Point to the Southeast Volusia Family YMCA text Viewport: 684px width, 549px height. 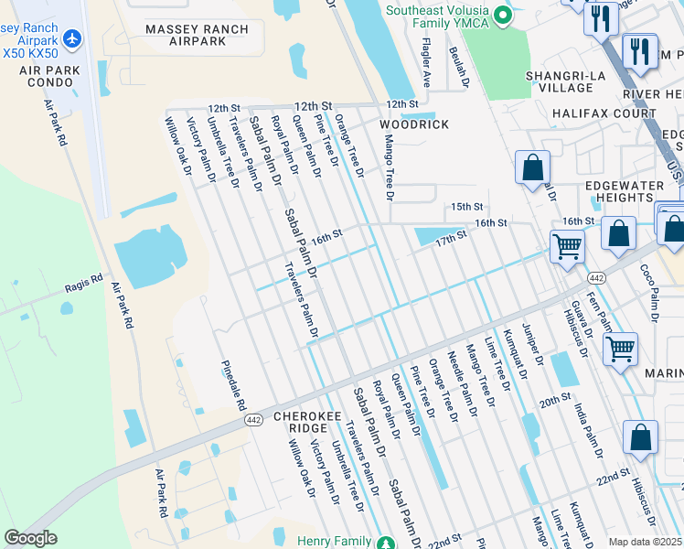[x=443, y=17]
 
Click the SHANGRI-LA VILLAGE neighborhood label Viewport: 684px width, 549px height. [x=560, y=81]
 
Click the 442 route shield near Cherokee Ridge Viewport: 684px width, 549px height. [x=254, y=420]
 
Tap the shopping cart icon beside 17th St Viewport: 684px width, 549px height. [x=567, y=245]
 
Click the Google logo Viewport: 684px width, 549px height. [x=30, y=539]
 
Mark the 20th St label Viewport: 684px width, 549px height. [x=554, y=402]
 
